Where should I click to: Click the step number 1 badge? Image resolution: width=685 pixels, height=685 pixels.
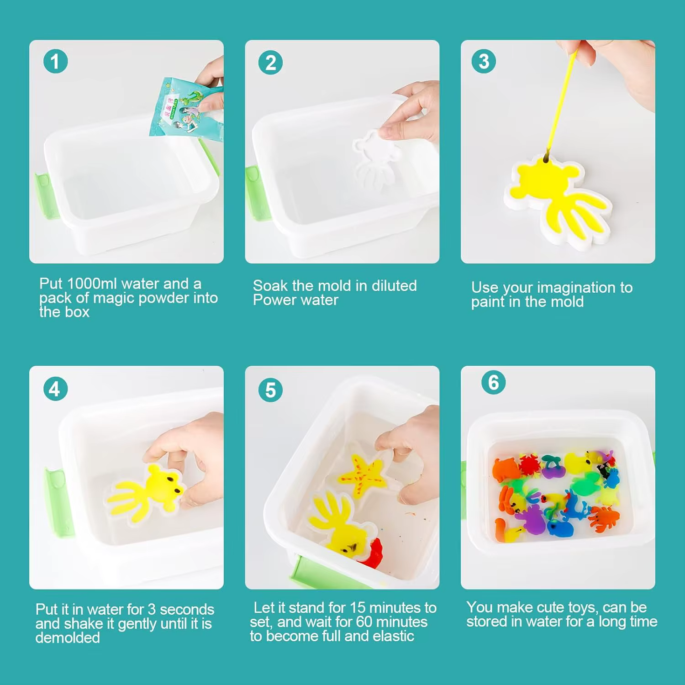coord(55,62)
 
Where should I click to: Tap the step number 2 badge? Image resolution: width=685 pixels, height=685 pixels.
coord(270,63)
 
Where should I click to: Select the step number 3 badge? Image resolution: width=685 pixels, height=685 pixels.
coord(484,61)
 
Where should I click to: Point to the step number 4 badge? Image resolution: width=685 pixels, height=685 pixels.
coord(55,389)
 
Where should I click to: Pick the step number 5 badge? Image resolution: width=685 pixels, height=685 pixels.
coord(270,390)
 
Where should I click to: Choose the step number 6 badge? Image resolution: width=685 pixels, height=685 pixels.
coord(494,382)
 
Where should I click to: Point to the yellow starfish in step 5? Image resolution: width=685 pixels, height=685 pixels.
coord(363,475)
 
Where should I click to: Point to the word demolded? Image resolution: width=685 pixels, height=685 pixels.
coord(68,638)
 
